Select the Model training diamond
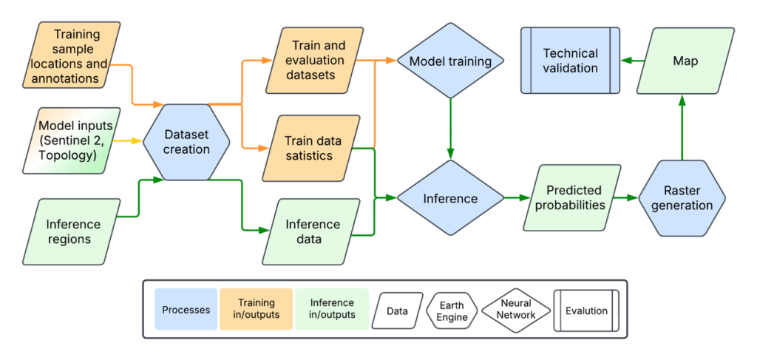(450, 61)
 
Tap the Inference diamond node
(450, 198)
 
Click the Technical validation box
(570, 61)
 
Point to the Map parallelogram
(685, 61)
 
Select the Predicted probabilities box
(574, 197)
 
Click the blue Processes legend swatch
(186, 309)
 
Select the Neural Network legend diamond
(515, 310)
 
